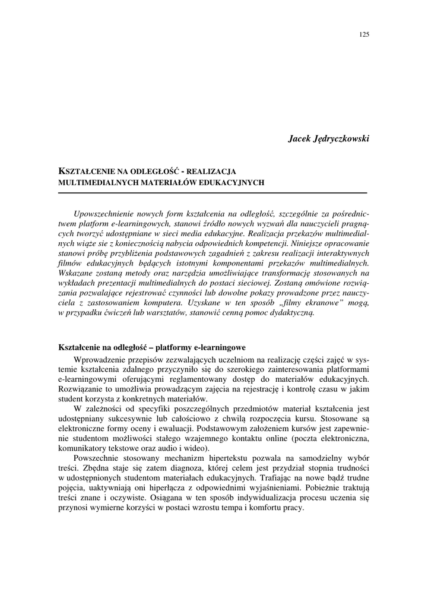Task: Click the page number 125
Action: tap(364, 34)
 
